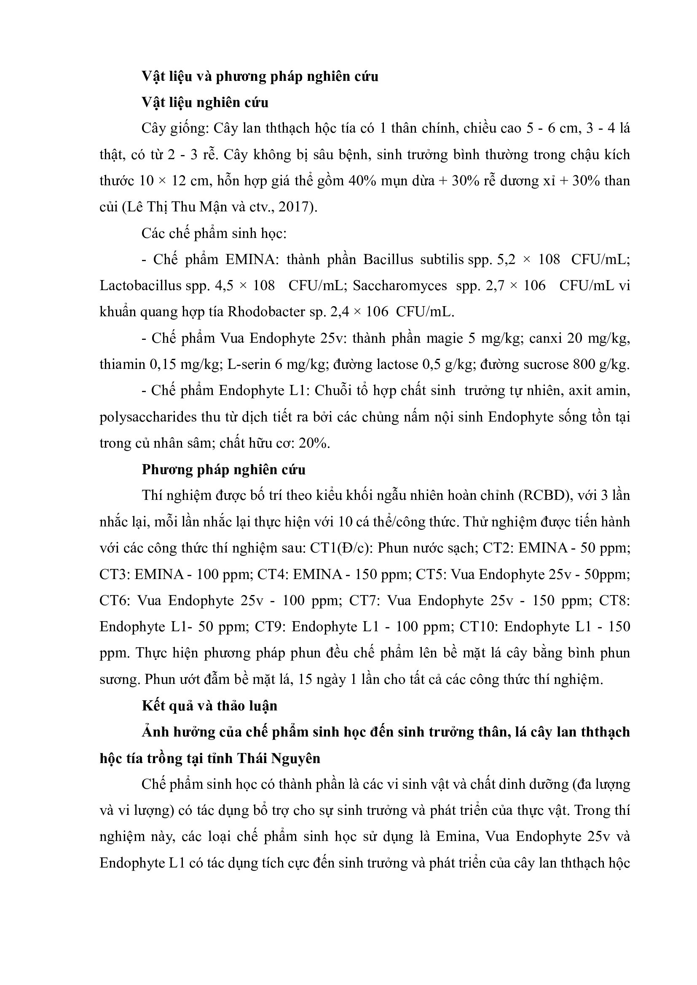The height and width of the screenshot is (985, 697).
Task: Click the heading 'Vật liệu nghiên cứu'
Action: [x=205, y=102]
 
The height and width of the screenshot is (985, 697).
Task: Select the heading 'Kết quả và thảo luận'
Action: [x=209, y=706]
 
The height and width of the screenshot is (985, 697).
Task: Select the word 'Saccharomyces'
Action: [x=400, y=286]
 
